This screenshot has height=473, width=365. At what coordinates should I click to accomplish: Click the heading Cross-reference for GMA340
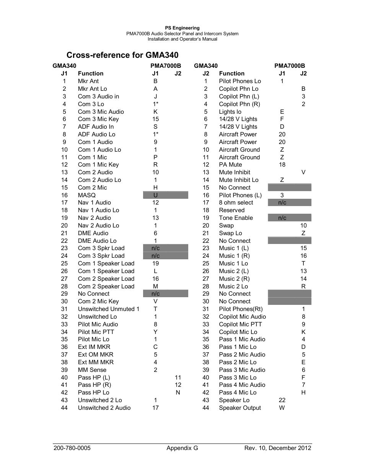122,55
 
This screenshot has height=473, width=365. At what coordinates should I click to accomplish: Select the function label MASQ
87,195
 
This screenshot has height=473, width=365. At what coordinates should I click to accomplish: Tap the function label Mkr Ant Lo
93,89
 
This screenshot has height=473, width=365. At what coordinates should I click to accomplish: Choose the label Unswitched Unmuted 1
109,309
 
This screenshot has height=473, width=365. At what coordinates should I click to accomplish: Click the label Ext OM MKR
96,355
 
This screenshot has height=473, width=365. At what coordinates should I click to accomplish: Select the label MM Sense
92,370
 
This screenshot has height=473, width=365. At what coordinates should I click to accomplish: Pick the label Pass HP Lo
94,393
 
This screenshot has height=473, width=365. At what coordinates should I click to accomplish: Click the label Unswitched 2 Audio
104,408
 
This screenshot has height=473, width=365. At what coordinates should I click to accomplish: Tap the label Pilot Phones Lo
240,81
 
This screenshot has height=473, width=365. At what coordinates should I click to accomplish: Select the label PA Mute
230,165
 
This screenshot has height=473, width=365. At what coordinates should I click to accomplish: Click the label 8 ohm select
236,203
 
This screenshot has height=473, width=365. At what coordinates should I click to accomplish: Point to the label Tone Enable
236,218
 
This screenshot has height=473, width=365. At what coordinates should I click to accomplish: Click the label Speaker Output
240,408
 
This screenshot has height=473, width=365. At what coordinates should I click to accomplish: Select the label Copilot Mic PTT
240,324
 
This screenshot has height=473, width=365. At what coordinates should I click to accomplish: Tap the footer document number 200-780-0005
72,448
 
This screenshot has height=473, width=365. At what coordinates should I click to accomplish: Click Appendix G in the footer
182,448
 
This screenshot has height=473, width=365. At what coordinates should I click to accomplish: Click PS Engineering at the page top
182,28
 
